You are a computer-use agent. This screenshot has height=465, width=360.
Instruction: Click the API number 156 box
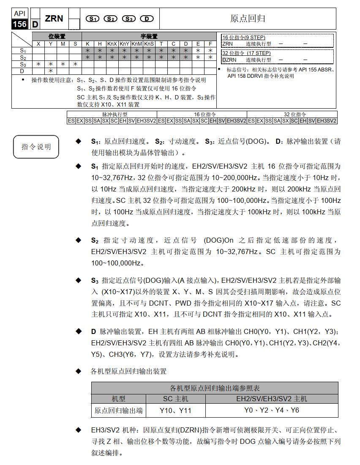(x=20, y=25)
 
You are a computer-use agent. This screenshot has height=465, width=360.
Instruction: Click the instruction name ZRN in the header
(x=54, y=18)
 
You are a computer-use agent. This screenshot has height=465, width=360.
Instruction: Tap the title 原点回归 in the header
(x=248, y=19)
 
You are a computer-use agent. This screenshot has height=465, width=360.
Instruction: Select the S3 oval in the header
(x=128, y=19)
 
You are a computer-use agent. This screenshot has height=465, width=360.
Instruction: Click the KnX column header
(x=112, y=44)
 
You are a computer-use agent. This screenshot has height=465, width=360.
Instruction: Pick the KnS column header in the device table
(x=149, y=44)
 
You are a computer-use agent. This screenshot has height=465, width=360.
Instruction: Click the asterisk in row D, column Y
(x=50, y=71)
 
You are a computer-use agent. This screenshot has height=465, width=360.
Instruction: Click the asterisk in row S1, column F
(x=210, y=50)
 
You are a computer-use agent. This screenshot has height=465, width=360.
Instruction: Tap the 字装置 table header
(x=149, y=37)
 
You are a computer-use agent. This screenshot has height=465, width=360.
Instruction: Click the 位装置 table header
(x=57, y=37)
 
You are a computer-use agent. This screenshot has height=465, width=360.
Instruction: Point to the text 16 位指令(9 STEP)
(x=244, y=37)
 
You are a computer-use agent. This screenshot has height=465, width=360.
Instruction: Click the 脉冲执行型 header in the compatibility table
(x=112, y=114)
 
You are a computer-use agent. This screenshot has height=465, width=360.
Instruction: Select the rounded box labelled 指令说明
(x=36, y=146)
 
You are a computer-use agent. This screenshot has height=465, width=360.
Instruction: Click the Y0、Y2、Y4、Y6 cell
(x=271, y=410)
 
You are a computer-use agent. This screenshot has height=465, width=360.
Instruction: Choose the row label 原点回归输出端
(x=118, y=410)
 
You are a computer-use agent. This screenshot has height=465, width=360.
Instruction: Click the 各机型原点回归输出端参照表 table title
(x=215, y=388)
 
